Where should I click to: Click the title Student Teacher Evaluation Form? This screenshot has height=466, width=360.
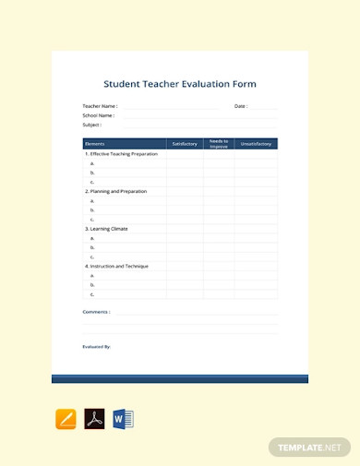click(179, 84)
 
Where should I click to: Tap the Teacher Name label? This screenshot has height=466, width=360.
click(100, 107)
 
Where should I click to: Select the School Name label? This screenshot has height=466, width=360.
click(99, 115)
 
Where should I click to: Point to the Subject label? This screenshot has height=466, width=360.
click(92, 125)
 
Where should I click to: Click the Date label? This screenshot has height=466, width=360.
click(241, 107)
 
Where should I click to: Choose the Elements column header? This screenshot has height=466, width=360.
click(95, 144)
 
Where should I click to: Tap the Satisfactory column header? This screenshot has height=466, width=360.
click(185, 144)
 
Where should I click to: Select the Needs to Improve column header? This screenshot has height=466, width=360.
click(219, 144)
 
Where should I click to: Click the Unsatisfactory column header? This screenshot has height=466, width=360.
click(256, 144)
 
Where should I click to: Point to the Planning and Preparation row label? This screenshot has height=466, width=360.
click(115, 191)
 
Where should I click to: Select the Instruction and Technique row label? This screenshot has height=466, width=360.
click(116, 266)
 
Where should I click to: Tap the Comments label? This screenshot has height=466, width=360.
click(97, 312)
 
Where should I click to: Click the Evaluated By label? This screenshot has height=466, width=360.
click(97, 347)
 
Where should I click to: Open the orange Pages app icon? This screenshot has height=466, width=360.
click(66, 419)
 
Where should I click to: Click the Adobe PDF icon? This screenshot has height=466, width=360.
click(94, 419)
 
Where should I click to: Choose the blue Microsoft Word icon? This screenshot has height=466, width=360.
click(123, 419)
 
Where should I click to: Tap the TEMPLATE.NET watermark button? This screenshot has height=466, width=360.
click(311, 448)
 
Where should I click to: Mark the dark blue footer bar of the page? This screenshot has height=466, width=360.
click(179, 378)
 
